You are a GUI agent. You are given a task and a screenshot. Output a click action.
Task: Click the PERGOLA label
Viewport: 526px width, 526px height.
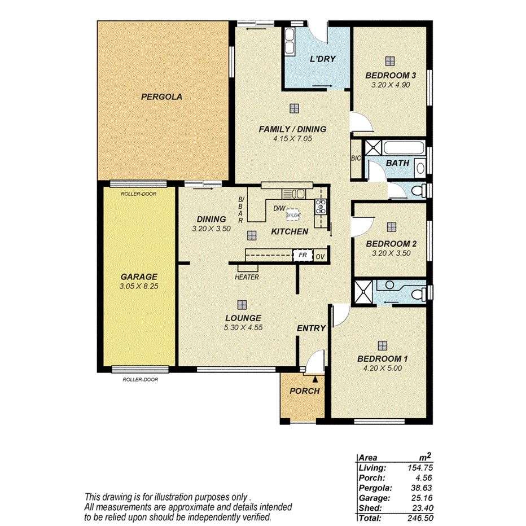tap(161, 97)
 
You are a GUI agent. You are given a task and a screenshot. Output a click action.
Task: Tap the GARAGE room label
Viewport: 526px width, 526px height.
tap(138, 277)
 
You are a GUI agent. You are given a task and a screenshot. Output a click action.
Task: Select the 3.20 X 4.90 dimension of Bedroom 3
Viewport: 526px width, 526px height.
tap(391, 85)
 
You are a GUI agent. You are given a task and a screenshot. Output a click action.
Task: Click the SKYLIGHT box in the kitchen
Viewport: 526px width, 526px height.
tap(293, 215)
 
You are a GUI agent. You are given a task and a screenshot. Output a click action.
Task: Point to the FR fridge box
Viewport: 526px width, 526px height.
tap(303, 256)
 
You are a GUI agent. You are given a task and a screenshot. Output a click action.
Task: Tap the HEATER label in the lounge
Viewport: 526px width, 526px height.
tap(247, 277)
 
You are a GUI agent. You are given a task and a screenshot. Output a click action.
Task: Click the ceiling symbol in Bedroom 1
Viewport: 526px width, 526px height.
tap(382, 345)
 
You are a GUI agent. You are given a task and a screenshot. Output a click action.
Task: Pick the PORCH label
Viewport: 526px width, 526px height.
tap(304, 391)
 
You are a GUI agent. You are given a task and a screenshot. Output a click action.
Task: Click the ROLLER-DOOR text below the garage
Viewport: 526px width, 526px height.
tap(140, 380)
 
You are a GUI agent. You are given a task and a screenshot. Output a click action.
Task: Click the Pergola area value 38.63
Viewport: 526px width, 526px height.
tap(421, 488)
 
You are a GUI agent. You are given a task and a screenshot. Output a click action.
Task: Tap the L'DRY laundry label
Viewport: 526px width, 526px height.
tap(323, 58)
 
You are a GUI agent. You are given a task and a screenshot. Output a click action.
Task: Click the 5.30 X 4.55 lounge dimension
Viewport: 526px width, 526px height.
tap(243, 327)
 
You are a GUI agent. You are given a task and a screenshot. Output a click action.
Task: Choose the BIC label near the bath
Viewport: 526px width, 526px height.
tap(356, 159)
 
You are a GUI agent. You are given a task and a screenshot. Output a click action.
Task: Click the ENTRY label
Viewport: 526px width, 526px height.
tap(312, 328)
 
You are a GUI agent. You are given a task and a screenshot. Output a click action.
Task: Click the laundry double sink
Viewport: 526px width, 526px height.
tap(290, 41)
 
